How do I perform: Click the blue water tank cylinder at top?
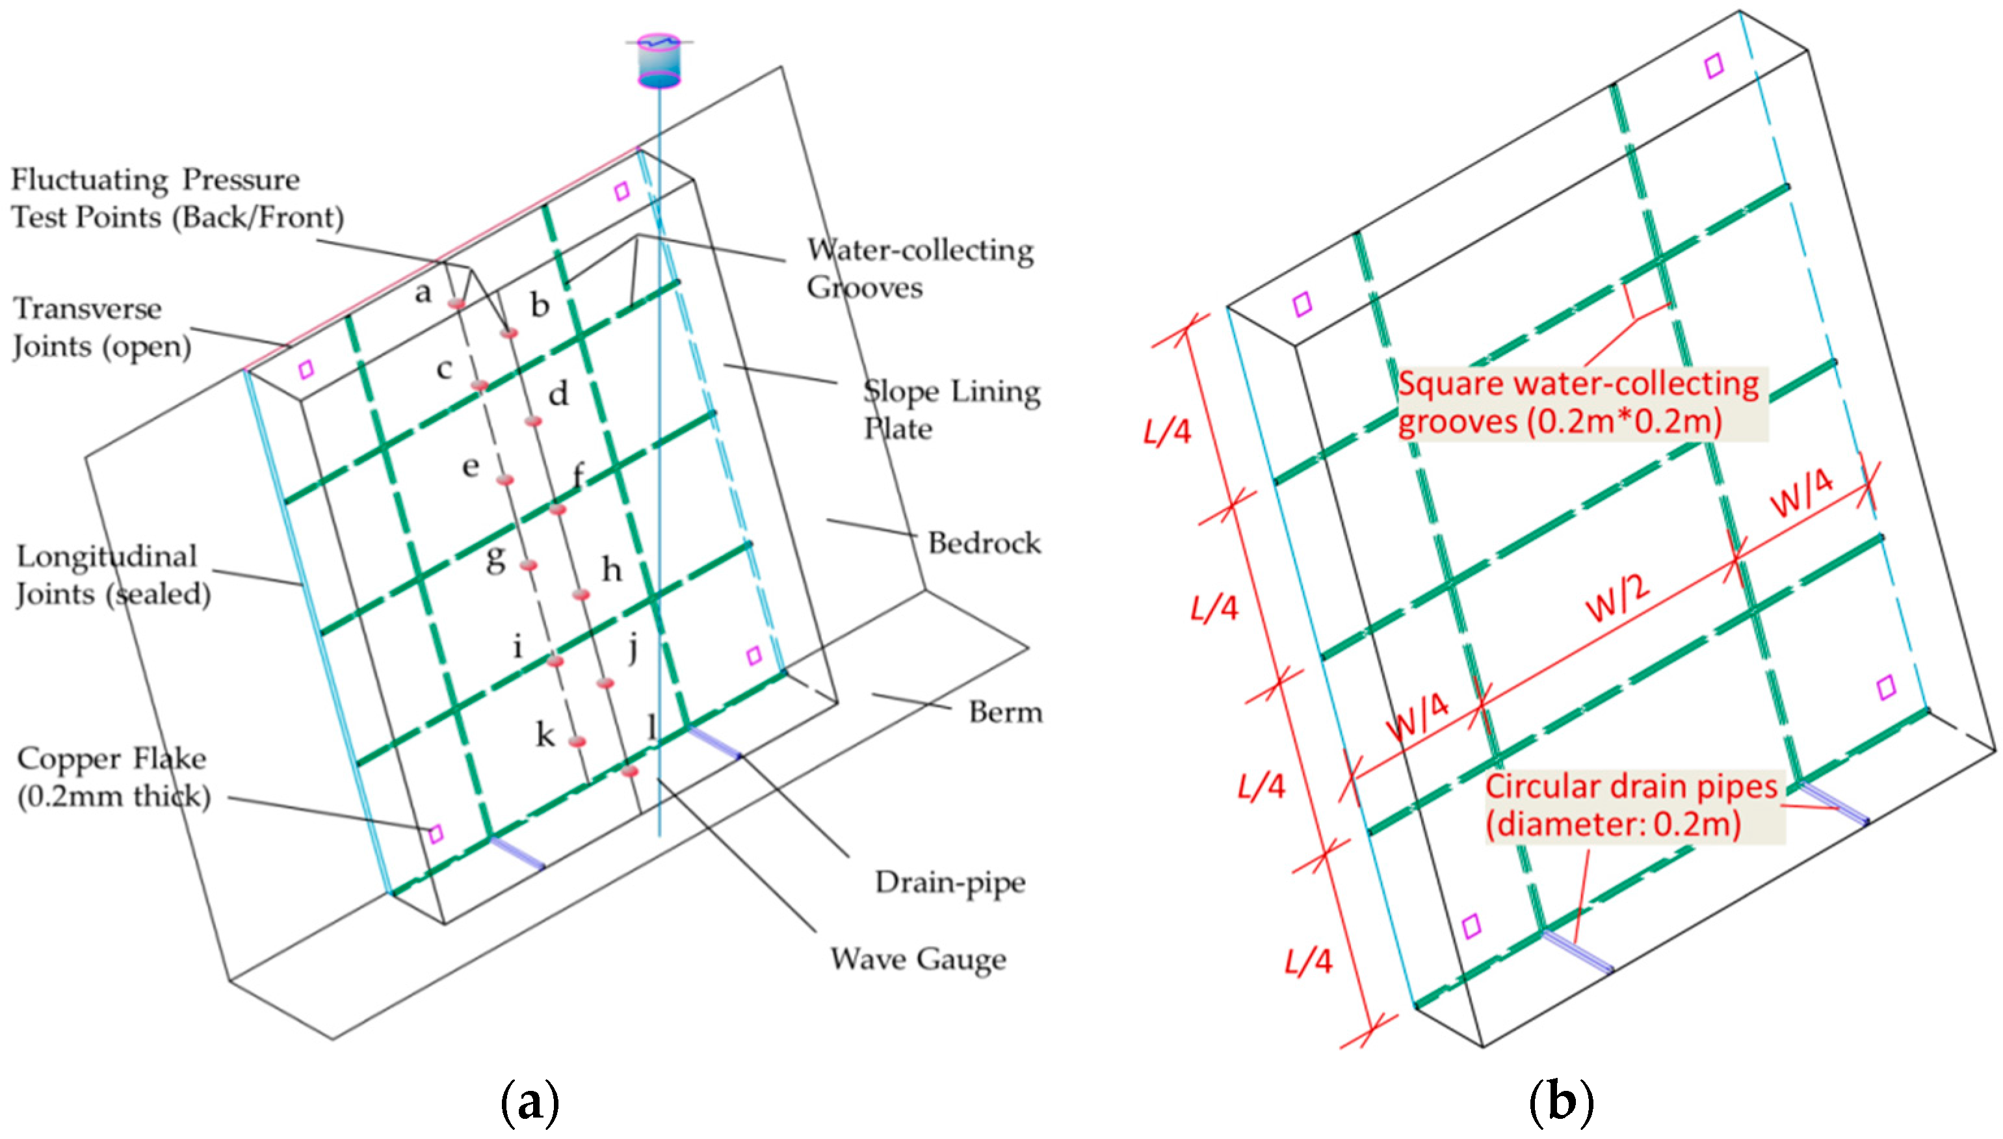[659, 61]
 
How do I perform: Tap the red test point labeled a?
[458, 303]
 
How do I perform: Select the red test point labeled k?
[577, 742]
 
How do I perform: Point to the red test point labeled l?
[629, 771]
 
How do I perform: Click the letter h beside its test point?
[612, 569]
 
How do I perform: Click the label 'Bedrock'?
[984, 543]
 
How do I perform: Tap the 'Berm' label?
[1005, 712]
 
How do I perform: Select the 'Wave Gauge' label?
[917, 959]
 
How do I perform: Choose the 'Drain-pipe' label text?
[949, 882]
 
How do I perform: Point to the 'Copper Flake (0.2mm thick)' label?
[113, 777]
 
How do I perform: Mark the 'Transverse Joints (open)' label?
[101, 327]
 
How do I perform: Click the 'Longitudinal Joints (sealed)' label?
[113, 575]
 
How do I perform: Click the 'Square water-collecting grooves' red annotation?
[1578, 402]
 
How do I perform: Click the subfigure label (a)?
[529, 1101]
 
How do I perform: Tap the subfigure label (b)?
[1560, 1101]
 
